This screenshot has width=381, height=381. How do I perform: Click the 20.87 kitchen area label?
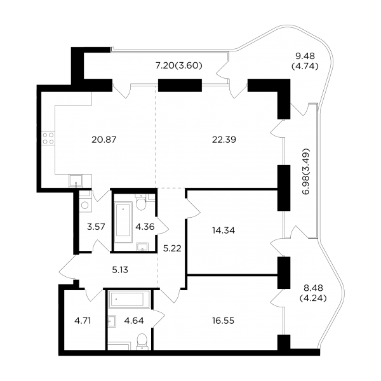(x=104, y=140)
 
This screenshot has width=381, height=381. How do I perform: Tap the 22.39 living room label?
(x=224, y=140)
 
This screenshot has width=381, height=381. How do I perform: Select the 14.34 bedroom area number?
(x=224, y=231)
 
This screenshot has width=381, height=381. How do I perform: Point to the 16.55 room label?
(x=223, y=321)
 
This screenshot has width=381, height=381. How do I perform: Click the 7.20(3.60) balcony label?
(x=179, y=65)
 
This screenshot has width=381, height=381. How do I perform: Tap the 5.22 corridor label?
(x=172, y=248)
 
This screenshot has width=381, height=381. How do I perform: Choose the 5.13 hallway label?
(x=120, y=270)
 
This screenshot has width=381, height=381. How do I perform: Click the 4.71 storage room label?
(x=83, y=321)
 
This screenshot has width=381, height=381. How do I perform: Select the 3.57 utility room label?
(x=96, y=227)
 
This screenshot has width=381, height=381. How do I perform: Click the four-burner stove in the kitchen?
(x=48, y=138)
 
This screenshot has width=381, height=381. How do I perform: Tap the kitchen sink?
(x=76, y=181)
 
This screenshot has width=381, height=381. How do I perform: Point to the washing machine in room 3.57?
(x=85, y=205)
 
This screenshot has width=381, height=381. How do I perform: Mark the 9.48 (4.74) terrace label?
(x=305, y=61)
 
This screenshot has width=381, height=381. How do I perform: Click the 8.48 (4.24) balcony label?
(x=313, y=293)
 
